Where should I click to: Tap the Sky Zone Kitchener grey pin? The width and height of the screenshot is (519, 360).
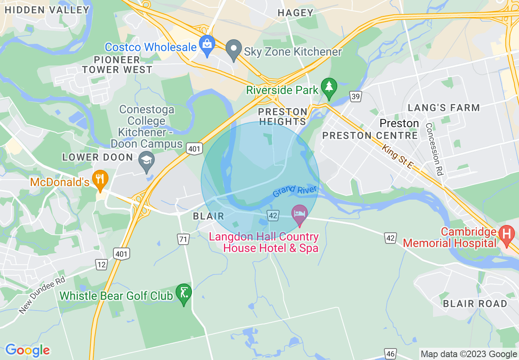click(234, 49)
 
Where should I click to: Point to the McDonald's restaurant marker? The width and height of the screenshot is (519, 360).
click(100, 179)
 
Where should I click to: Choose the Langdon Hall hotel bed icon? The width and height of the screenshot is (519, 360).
click(300, 214)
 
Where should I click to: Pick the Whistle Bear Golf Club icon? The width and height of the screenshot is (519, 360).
click(183, 293)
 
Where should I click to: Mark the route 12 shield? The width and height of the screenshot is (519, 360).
click(102, 265)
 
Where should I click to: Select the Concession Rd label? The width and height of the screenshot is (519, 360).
click(434, 149)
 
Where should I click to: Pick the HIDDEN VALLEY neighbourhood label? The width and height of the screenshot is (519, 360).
click(47, 10)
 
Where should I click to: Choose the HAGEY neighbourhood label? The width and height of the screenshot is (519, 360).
click(295, 13)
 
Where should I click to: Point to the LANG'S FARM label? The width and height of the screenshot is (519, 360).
click(444, 108)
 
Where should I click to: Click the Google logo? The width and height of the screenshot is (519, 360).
click(27, 350)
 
